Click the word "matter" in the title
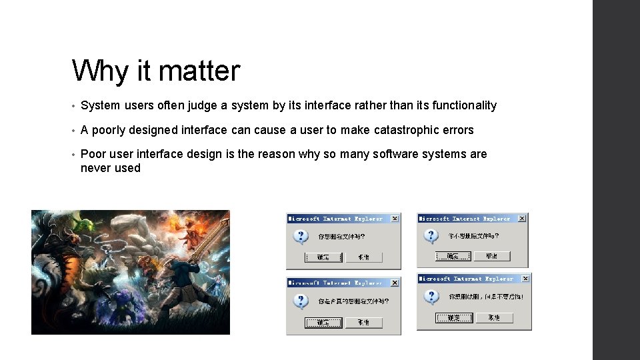pos(198,71)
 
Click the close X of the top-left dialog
pos(395,219)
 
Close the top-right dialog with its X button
pos(522,218)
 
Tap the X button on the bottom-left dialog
pos(395,283)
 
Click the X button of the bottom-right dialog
pos(525,278)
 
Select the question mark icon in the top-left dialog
pos(301,237)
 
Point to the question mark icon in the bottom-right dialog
pos(432,297)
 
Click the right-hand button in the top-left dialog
pos(363,257)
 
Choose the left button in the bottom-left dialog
pos(323,323)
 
